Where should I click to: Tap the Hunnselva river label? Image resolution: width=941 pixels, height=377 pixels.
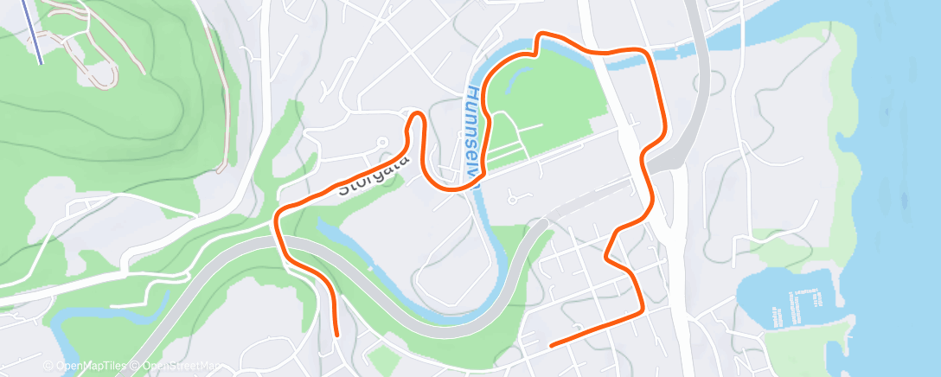[x=473, y=130]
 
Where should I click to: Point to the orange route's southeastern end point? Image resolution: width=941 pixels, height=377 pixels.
[x=552, y=344]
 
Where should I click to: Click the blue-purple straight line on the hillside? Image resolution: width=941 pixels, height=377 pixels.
[x=32, y=30]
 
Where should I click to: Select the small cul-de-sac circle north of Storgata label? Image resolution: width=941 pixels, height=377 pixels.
[x=381, y=140]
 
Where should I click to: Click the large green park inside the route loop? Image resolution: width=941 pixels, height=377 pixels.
[x=554, y=104]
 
